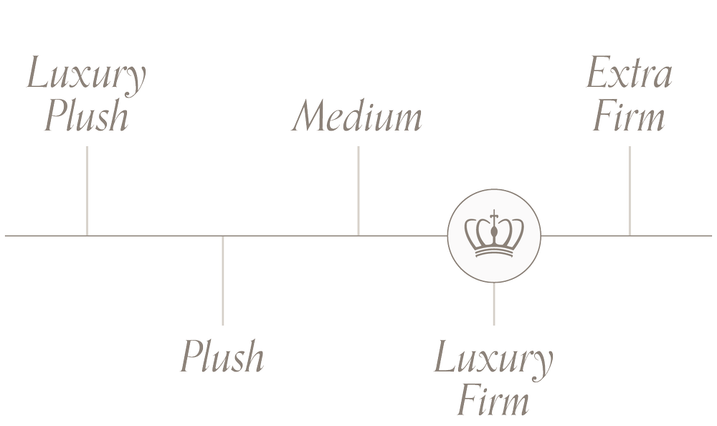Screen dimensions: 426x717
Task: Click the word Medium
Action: tap(356, 118)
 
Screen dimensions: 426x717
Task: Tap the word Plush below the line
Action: tap(222, 356)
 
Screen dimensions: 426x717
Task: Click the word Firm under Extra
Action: tap(629, 118)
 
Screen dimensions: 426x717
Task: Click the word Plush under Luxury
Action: tap(86, 118)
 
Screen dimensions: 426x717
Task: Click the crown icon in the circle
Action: tap(494, 235)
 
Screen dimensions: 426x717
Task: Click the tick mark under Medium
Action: tap(358, 190)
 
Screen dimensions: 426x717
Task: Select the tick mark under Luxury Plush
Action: tap(87, 190)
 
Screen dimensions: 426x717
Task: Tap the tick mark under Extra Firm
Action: tap(630, 190)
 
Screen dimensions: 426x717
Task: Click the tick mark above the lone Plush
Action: tap(222, 280)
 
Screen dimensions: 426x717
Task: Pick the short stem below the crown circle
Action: tap(493, 304)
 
